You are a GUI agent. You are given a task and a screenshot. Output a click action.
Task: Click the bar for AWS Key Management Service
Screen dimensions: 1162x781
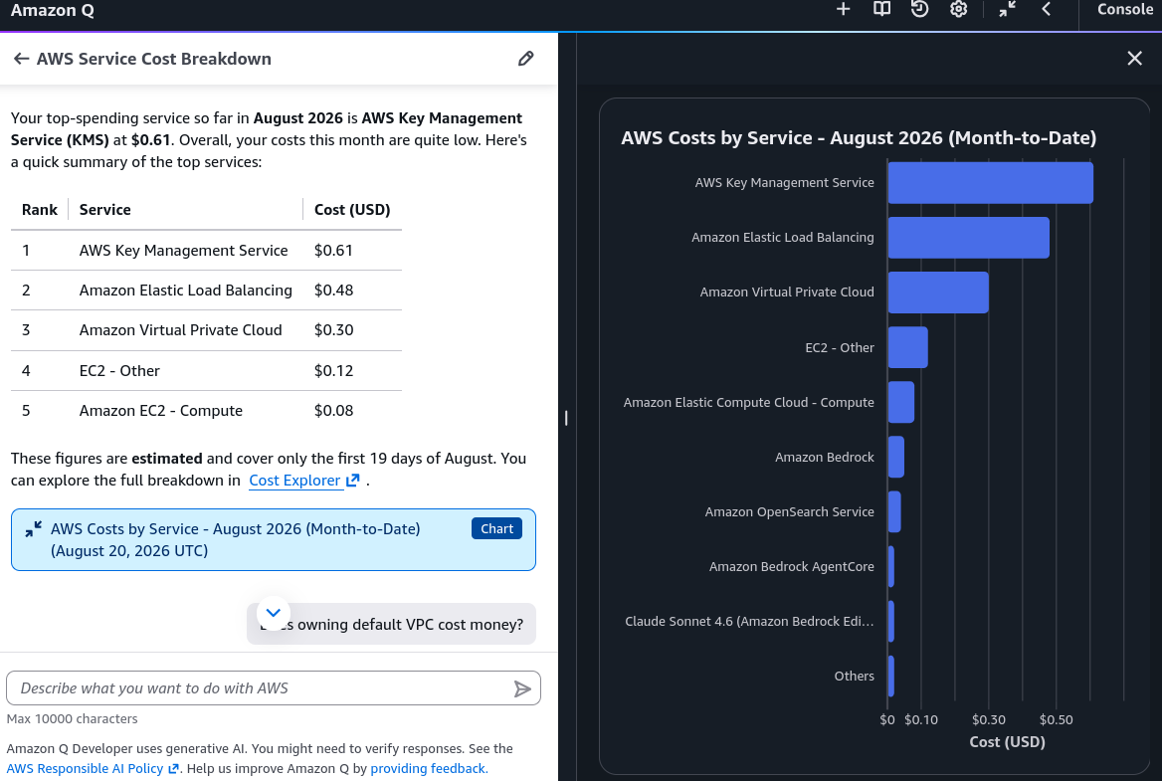point(990,182)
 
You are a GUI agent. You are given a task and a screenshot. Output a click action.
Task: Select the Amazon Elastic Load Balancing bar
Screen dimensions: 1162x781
point(969,237)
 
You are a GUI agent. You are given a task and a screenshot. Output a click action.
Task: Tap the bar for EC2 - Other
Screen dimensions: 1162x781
point(907,347)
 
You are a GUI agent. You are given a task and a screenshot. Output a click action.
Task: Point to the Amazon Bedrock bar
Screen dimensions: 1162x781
point(896,457)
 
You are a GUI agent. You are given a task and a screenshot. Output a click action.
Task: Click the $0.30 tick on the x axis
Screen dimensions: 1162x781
point(989,719)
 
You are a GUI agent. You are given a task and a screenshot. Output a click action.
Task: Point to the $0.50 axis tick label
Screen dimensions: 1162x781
point(1056,719)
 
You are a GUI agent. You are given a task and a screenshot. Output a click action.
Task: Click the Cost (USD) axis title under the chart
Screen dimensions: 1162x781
point(1007,742)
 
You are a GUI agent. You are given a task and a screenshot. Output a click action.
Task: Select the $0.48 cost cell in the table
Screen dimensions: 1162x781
point(333,291)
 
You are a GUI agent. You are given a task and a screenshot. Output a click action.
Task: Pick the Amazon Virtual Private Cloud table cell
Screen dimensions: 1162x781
point(181,330)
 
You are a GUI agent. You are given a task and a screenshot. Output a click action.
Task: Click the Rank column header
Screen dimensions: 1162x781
point(39,210)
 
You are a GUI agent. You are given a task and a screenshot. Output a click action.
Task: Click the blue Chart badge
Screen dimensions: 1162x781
point(496,528)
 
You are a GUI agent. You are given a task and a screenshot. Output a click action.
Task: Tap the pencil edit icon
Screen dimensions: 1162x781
point(525,59)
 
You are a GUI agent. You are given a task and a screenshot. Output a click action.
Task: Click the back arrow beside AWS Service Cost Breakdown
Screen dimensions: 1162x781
point(22,59)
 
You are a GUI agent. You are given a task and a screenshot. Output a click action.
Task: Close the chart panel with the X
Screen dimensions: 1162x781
point(1134,59)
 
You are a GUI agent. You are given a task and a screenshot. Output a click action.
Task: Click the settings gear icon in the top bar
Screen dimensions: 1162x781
point(958,9)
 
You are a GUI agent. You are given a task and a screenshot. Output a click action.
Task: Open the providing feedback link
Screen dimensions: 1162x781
point(429,768)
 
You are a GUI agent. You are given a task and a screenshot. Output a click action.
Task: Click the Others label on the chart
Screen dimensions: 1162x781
point(854,676)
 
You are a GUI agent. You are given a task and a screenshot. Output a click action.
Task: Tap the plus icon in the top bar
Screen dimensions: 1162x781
point(843,9)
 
